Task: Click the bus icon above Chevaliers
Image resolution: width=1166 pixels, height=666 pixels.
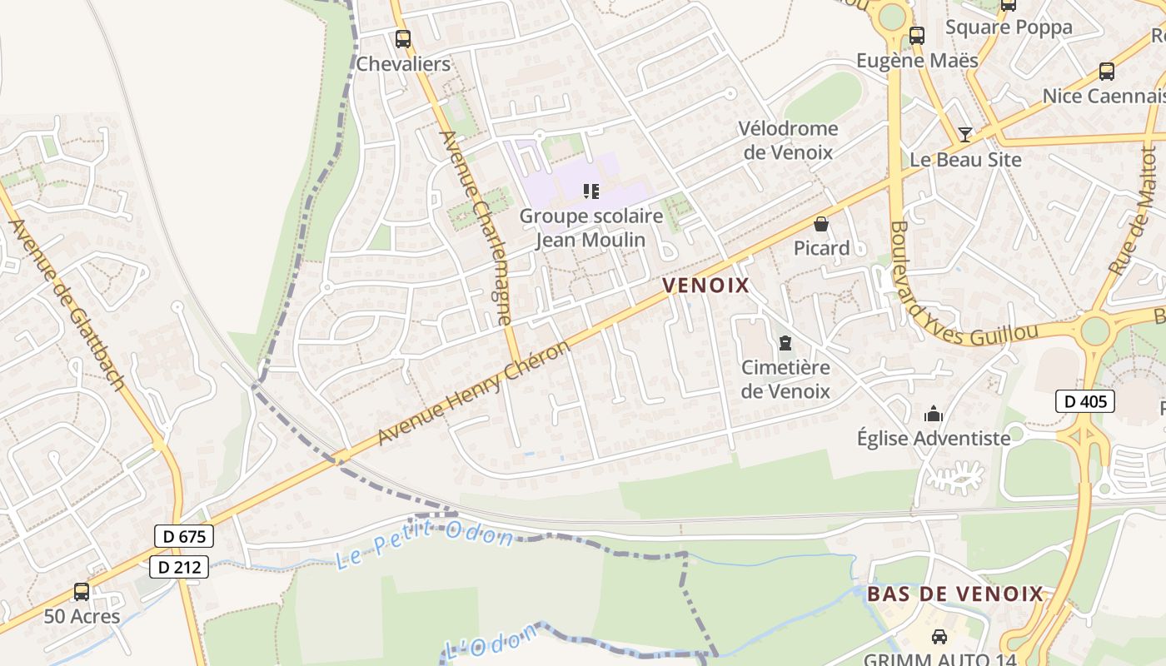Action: pos(403,38)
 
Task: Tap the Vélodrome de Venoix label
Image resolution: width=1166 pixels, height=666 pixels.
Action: pos(788,140)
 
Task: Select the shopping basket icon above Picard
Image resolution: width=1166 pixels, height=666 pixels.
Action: pos(821,224)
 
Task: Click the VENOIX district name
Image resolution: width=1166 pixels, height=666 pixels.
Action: pos(706,286)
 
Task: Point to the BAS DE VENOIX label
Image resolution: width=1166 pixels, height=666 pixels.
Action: pos(955,594)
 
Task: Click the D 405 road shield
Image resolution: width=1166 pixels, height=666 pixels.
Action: pos(1084,401)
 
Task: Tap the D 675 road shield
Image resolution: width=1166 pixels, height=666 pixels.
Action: pos(184,536)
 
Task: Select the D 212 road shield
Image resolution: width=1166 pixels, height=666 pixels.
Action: pos(179,568)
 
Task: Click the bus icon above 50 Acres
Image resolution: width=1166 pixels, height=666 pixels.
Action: pos(82,592)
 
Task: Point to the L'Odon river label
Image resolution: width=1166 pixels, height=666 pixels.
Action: pos(491,644)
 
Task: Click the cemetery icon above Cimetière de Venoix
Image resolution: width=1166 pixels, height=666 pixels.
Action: pos(785,342)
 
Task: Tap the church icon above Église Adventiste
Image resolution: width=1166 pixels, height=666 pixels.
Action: pos(934,414)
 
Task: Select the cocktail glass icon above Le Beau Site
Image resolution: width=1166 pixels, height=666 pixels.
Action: pos(965,134)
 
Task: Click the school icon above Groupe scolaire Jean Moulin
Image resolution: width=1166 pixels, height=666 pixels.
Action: pos(591,191)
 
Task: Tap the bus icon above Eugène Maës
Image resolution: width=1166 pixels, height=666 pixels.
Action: pos(917,35)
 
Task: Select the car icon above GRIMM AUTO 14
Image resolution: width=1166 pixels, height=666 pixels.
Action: pos(939,637)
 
